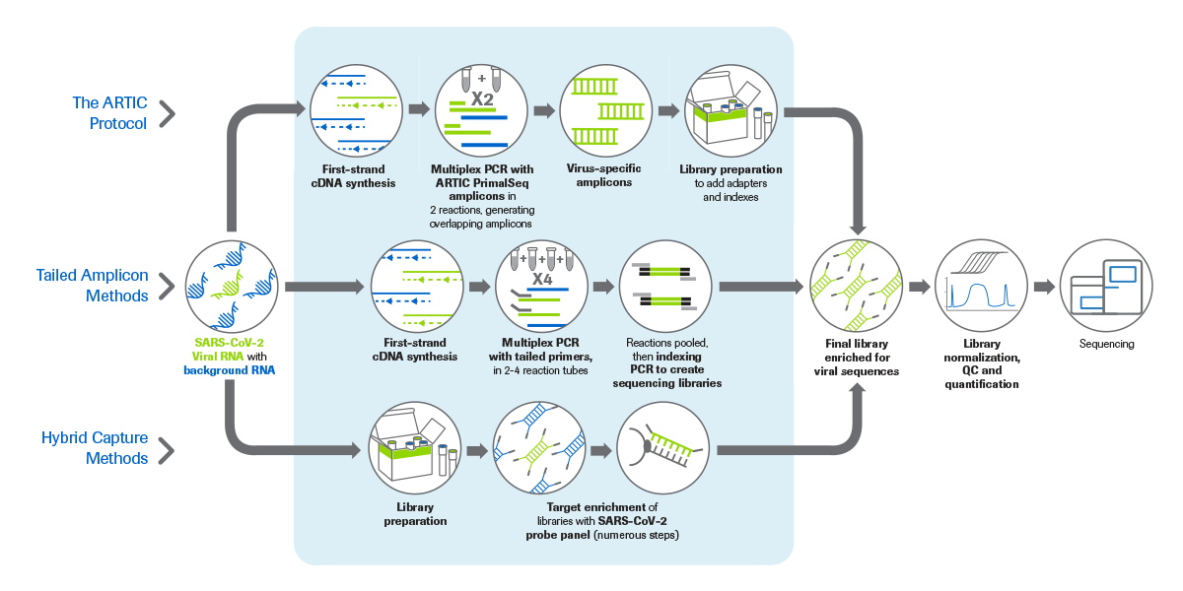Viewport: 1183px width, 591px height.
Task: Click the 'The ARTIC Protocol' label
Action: (x=110, y=112)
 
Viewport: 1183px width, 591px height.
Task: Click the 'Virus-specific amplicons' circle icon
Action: (x=603, y=110)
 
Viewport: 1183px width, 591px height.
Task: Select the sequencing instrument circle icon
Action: (x=1106, y=286)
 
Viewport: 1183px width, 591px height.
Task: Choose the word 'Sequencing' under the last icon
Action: (x=1106, y=344)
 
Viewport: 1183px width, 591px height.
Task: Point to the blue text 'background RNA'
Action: (x=229, y=369)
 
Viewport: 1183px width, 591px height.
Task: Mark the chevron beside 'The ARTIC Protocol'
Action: (x=168, y=112)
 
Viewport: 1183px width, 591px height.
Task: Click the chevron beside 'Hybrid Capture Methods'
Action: (x=168, y=451)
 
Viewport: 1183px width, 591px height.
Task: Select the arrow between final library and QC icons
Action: (x=919, y=287)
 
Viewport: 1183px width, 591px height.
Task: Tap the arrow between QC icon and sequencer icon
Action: (x=1043, y=287)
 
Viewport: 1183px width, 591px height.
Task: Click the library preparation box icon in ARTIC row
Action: (x=730, y=110)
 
